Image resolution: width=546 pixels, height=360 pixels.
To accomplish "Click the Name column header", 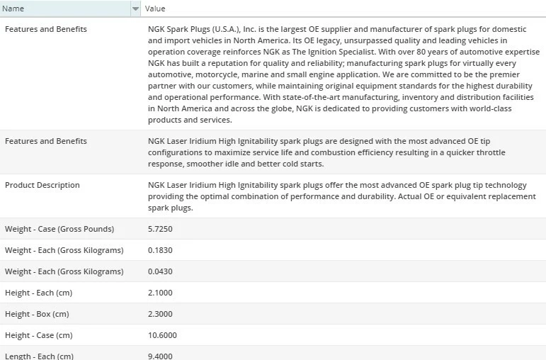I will pyautogui.click(x=14, y=9).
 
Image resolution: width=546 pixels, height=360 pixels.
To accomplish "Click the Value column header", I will pyautogui.click(x=155, y=9).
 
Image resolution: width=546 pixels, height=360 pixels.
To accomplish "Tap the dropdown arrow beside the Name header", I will pyautogui.click(x=135, y=9).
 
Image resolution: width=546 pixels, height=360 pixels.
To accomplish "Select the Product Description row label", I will pyautogui.click(x=42, y=185).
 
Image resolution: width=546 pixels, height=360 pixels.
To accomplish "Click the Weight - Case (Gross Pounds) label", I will pyautogui.click(x=59, y=229).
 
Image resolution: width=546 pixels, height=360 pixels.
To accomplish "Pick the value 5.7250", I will pyautogui.click(x=160, y=229).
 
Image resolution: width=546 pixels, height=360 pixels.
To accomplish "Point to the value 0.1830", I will pyautogui.click(x=160, y=250).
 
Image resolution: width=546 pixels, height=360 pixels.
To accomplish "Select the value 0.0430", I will pyautogui.click(x=160, y=271).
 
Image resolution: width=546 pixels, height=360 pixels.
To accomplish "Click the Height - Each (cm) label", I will pyautogui.click(x=38, y=293).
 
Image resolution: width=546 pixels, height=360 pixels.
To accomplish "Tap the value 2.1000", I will pyautogui.click(x=160, y=293).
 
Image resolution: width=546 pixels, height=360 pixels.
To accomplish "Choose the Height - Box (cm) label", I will pyautogui.click(x=37, y=314).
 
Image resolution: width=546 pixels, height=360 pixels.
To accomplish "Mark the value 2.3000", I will pyautogui.click(x=160, y=314).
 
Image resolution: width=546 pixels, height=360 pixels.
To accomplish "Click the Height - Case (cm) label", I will pyautogui.click(x=38, y=335).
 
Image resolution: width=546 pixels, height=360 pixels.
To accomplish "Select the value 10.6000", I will pyautogui.click(x=162, y=335).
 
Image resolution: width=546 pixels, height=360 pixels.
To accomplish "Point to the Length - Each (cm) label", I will pyautogui.click(x=39, y=356).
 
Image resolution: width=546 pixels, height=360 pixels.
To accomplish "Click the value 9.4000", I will pyautogui.click(x=160, y=356).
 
